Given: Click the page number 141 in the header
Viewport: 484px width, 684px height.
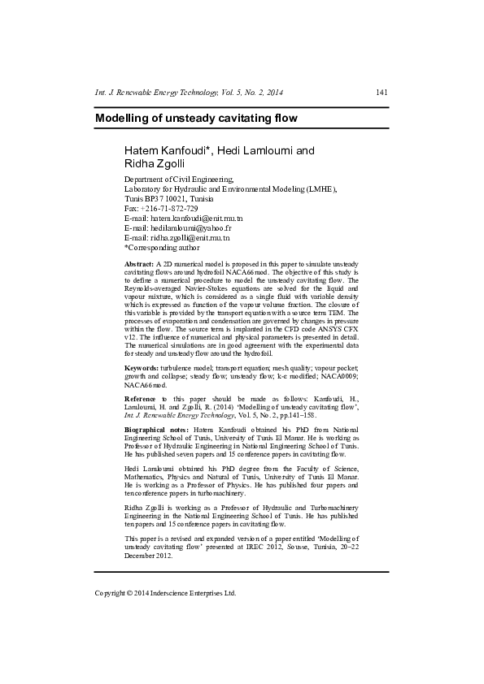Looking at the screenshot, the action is [x=381, y=93].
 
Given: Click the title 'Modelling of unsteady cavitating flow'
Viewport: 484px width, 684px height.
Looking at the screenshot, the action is [x=196, y=119].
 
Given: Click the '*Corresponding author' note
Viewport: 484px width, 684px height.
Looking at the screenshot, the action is [x=161, y=248].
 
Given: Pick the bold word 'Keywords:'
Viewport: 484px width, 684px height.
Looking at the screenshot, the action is [x=142, y=368].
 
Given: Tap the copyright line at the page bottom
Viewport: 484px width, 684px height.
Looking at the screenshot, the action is [x=165, y=593].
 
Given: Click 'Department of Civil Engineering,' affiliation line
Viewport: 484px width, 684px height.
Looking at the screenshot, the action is [x=179, y=179].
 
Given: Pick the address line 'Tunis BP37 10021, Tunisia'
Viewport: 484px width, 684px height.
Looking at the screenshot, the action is [x=168, y=198].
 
